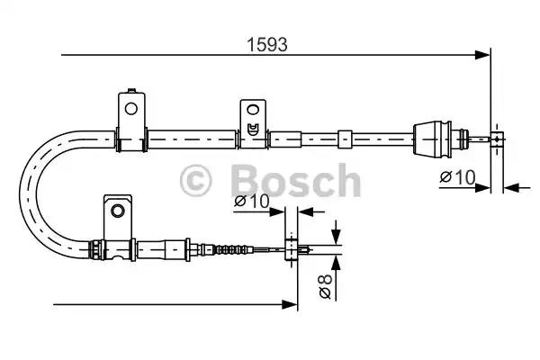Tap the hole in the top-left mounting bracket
[x=130, y=110]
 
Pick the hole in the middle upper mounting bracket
[x=252, y=112]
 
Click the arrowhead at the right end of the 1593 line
[x=484, y=56]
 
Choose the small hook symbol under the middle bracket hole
[x=253, y=127]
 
